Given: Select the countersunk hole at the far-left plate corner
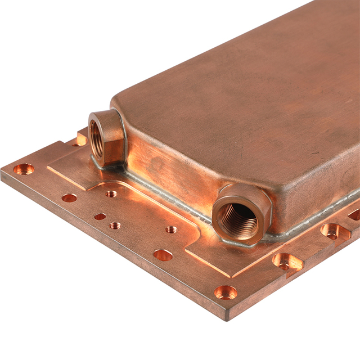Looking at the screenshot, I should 24,169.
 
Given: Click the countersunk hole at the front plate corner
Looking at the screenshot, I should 226,292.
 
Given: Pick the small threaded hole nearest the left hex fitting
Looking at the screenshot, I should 111,193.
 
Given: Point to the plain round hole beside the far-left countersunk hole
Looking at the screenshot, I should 69,197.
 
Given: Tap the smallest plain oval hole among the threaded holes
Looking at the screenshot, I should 100,216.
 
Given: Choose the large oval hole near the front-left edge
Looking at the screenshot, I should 163,255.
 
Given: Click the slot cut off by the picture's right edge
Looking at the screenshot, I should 354,214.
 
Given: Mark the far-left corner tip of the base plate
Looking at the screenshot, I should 2,172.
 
